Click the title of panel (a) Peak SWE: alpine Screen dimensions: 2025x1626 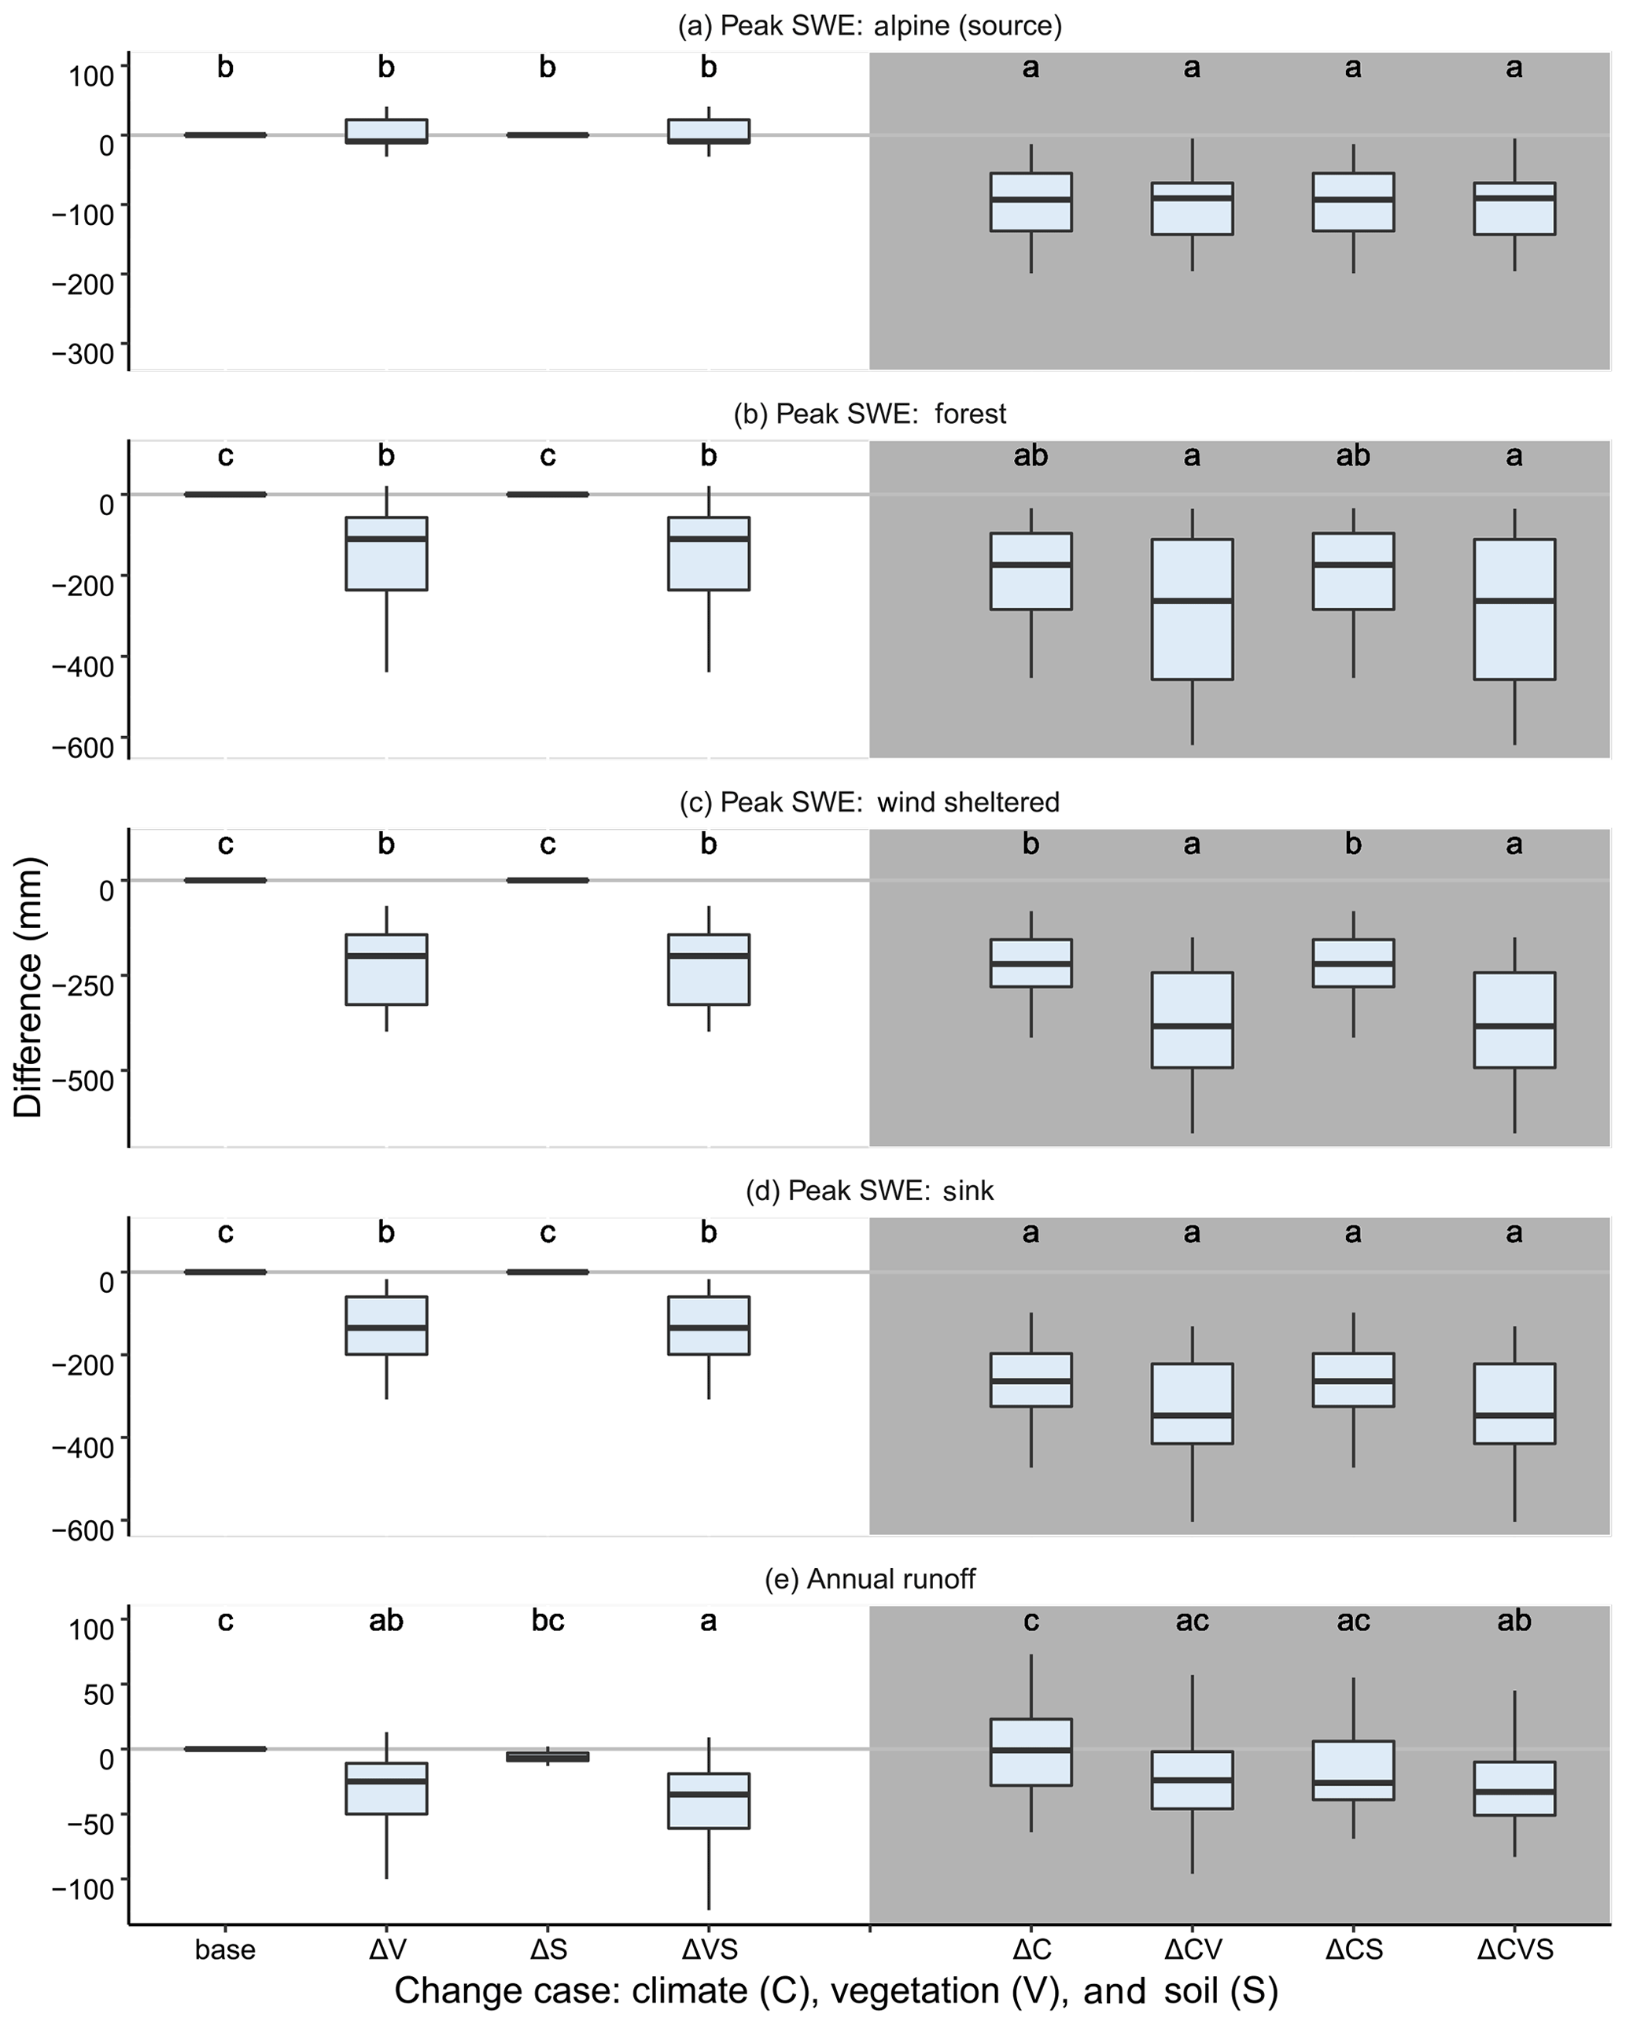pos(870,25)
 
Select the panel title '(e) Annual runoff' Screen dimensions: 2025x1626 pos(870,1579)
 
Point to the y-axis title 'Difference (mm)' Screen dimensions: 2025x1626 pos(29,986)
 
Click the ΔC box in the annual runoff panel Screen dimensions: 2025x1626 pos(1031,1751)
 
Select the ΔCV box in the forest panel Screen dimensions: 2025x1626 pos(1192,609)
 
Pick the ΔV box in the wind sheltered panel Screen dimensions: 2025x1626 pos(386,970)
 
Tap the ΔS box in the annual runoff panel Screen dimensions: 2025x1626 pos(548,1756)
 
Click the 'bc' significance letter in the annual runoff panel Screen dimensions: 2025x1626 pos(548,1620)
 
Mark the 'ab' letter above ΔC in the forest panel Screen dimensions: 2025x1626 pos(1031,455)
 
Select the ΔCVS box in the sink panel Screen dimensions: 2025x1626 pos(1514,1403)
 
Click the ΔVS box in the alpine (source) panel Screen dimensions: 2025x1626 pos(708,131)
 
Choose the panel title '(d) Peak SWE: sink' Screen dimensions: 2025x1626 pos(870,1191)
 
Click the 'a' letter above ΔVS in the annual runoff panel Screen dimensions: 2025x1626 pos(708,1620)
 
